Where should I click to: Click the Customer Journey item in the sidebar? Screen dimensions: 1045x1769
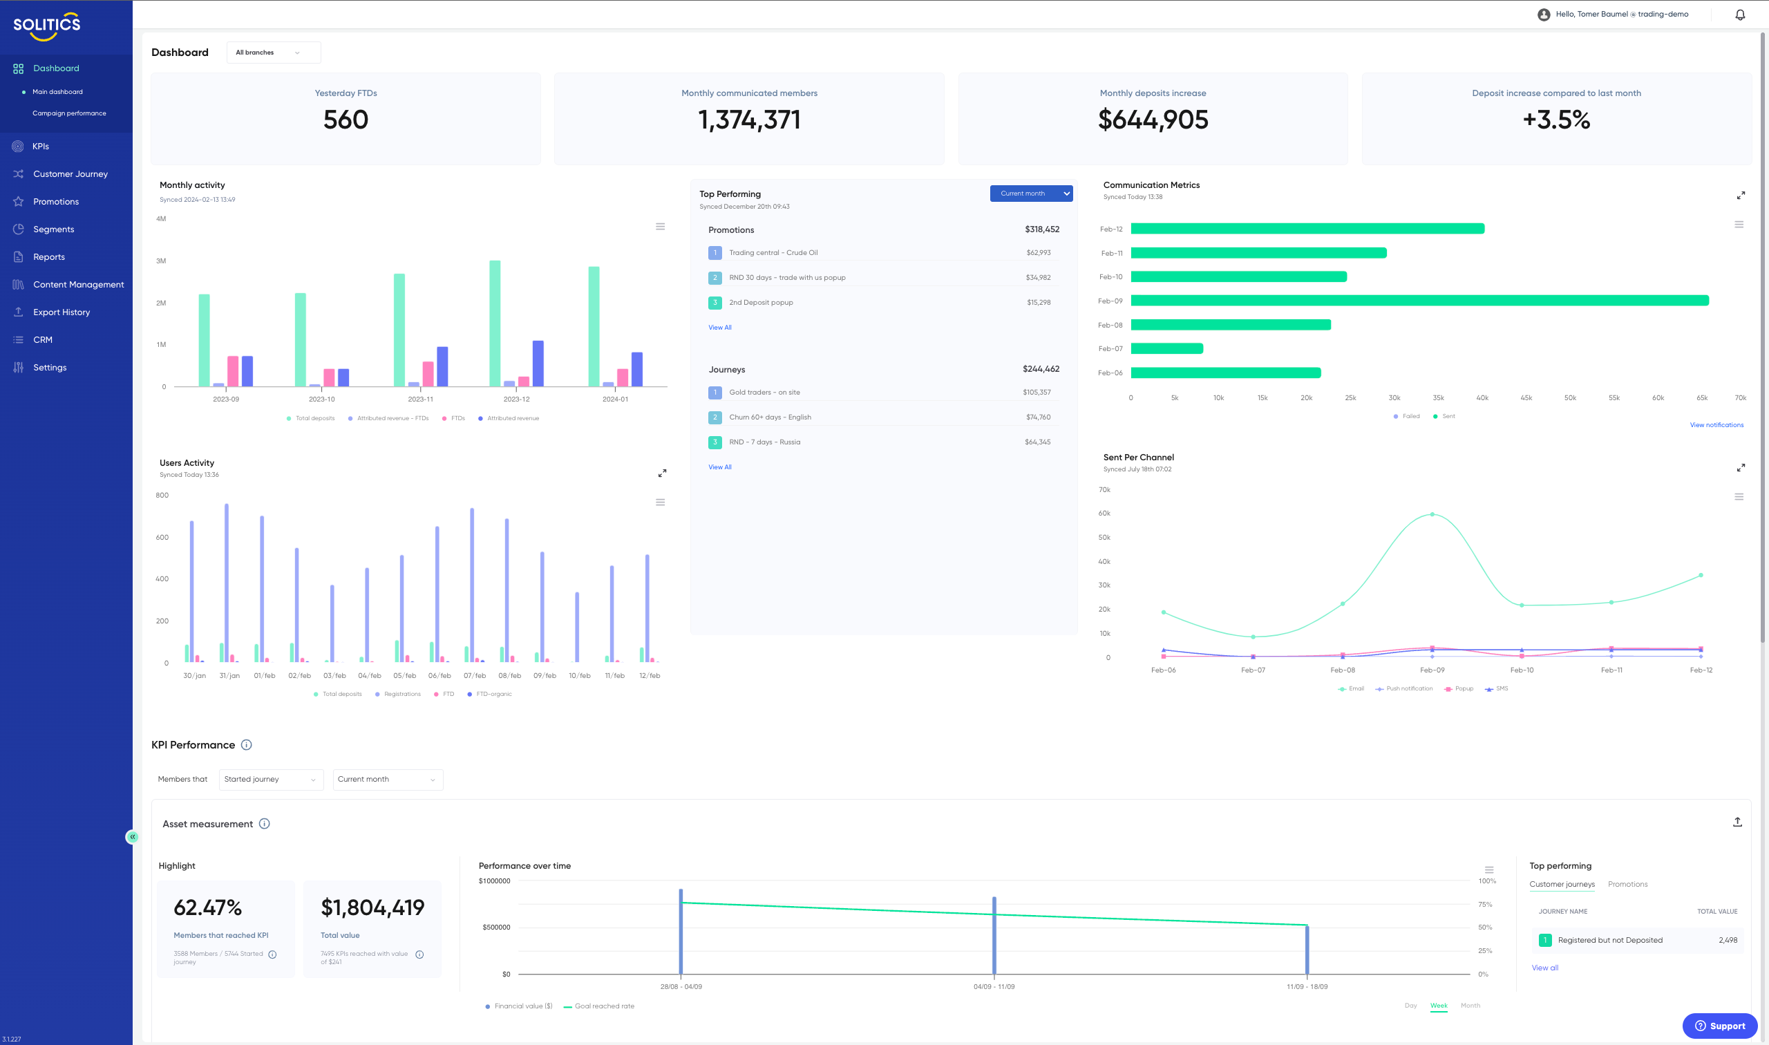click(x=70, y=174)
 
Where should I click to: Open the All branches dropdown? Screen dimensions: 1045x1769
click(x=273, y=53)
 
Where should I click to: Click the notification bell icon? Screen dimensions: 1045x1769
click(x=1739, y=15)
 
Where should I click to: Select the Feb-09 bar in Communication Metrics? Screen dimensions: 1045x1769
click(x=1419, y=301)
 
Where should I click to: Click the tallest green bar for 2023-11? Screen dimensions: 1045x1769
click(x=399, y=330)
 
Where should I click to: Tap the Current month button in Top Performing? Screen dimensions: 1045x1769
click(x=1030, y=194)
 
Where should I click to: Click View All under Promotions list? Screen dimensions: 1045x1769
click(x=719, y=328)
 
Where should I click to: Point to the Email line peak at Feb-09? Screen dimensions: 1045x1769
click(x=1432, y=514)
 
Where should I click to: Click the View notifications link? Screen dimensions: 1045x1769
click(x=1716, y=425)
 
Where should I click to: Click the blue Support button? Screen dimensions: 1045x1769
click(x=1719, y=1025)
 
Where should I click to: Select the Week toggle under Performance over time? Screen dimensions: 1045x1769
click(x=1438, y=1006)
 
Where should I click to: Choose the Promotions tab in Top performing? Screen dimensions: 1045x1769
click(x=1627, y=885)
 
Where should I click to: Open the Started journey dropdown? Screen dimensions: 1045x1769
click(x=270, y=780)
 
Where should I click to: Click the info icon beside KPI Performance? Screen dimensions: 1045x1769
click(x=247, y=745)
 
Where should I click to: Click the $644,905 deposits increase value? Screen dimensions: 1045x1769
click(x=1153, y=120)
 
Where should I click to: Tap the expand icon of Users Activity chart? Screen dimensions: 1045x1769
click(x=662, y=473)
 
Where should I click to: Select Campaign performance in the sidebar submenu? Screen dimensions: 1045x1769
click(x=69, y=113)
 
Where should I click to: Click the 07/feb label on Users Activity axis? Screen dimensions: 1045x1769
click(x=475, y=676)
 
